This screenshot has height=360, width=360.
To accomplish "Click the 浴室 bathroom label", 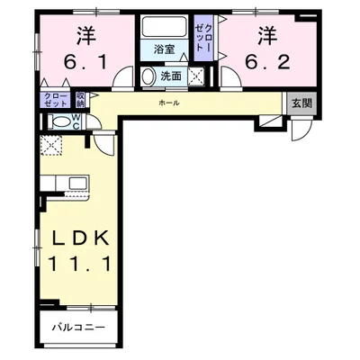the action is point(164,49).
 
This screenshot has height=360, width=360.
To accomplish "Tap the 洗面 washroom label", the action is point(171,76).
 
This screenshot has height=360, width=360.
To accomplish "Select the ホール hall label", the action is point(169,103).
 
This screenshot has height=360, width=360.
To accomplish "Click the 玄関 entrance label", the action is point(302,103).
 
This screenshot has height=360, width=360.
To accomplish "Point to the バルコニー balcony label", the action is point(78,327).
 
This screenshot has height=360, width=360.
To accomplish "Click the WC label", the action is point(76,121).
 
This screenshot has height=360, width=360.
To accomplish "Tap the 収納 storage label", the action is point(80,100).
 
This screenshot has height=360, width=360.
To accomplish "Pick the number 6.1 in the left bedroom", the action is point(85,62).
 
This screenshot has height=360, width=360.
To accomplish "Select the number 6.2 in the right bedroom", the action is point(267,62).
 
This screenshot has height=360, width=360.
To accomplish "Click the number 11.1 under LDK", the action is point(79,264).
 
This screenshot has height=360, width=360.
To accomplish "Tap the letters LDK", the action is point(80,238).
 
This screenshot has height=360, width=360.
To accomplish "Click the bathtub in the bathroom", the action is point(164,27).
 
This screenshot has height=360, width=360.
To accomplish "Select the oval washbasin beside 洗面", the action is point(147,76).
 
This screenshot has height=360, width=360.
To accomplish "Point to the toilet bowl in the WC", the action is point(59,121).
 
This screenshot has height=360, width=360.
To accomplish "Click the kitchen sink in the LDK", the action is point(78,182).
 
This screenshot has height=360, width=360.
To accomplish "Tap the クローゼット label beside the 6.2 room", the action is point(203,38).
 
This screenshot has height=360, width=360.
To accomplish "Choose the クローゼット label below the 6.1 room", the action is point(56,100).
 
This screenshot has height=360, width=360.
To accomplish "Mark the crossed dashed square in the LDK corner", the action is point(51,146).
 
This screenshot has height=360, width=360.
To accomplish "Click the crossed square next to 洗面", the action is point(196,76).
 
